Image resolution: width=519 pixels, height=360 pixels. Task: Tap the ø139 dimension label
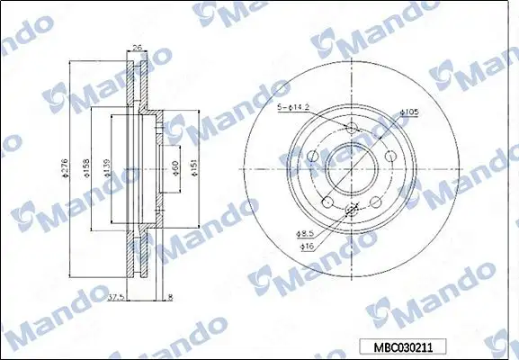pos(108,166)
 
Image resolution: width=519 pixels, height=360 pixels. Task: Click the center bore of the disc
pos(350,166)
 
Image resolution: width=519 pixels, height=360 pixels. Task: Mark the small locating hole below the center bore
pos(350,210)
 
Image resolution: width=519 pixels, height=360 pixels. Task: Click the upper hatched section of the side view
pos(138,90)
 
